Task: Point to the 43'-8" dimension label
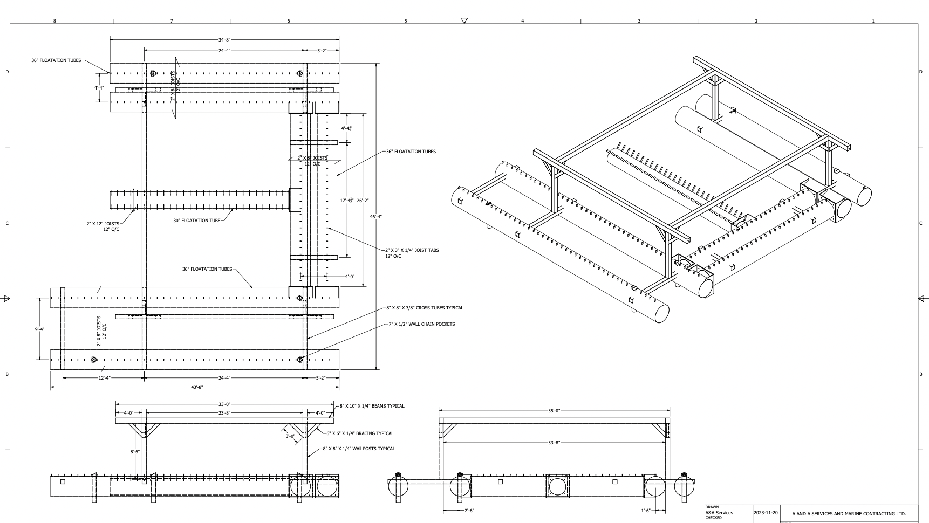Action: tap(196, 388)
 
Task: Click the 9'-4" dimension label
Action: tap(39, 329)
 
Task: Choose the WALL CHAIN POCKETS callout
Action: tap(421, 324)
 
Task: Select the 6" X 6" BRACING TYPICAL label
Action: tap(360, 433)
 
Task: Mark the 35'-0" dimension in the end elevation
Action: tap(554, 411)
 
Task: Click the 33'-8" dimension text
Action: tap(554, 443)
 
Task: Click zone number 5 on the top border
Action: tap(406, 21)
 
